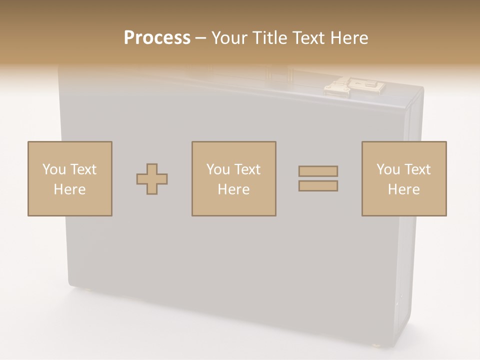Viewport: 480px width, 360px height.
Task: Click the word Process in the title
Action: (157, 38)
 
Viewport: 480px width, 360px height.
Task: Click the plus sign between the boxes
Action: (152, 179)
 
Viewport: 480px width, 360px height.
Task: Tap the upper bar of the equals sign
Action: (318, 171)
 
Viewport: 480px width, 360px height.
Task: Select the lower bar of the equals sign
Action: (318, 186)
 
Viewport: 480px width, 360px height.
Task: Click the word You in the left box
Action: (54, 169)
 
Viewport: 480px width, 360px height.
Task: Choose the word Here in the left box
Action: (69, 189)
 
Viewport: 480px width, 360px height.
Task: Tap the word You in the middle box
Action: (218, 169)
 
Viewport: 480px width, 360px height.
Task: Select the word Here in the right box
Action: (403, 189)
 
